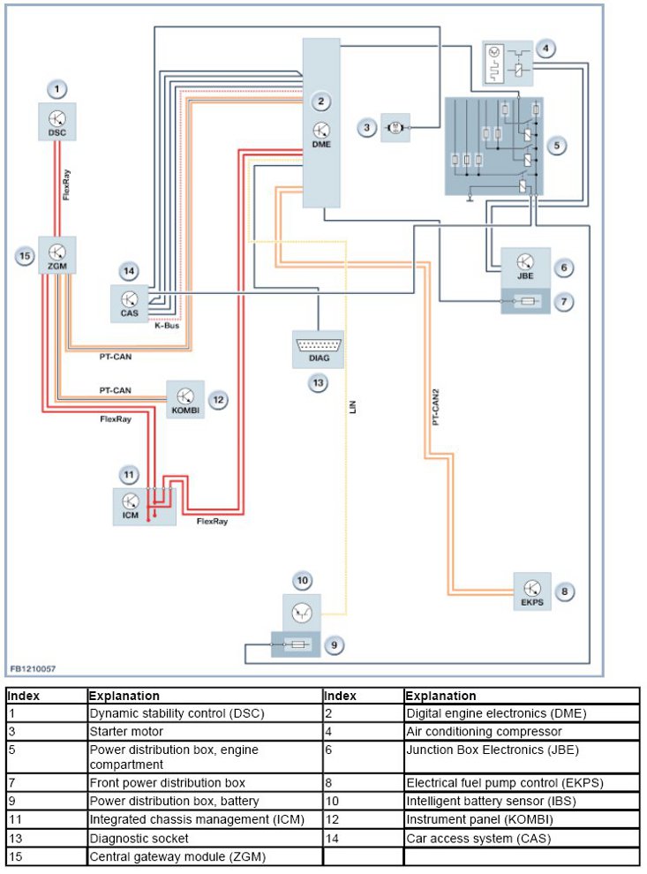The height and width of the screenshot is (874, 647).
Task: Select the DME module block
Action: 321,124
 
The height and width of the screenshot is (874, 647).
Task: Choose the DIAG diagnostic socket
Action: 317,349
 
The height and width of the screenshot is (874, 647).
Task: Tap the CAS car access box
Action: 129,301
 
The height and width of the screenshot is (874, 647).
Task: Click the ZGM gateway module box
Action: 57,256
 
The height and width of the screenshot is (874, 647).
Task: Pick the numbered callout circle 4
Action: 548,48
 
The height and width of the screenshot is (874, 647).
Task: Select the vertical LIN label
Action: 351,409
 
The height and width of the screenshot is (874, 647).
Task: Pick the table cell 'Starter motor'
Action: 127,731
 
